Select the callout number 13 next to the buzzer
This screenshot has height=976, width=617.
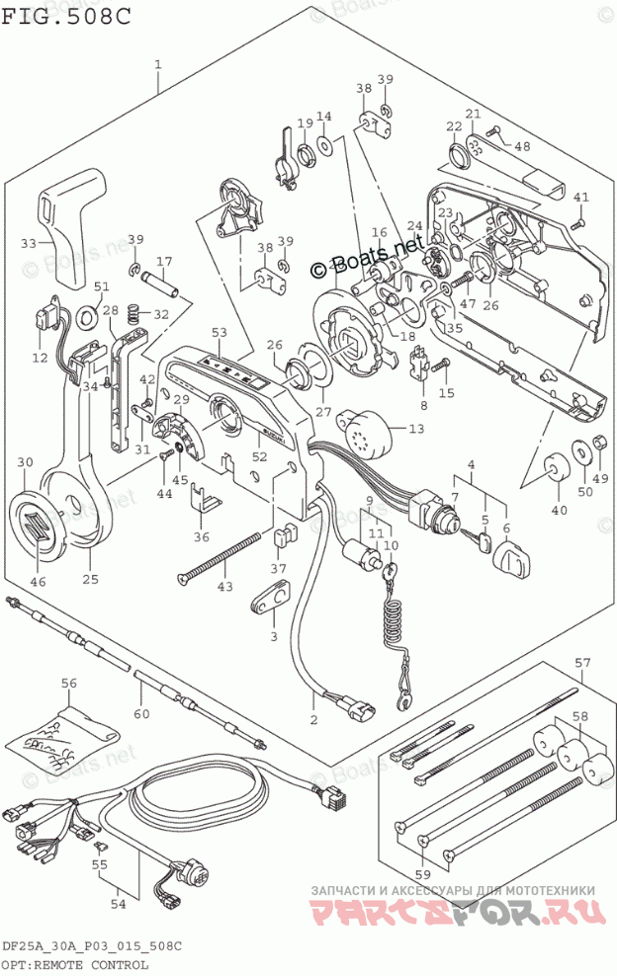415,428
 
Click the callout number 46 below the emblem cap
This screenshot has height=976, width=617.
38,582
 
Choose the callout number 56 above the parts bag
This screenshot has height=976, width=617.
68,683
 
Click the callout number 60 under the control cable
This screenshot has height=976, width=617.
142,713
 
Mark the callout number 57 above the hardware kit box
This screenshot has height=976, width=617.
582,661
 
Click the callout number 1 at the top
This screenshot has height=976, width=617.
158,64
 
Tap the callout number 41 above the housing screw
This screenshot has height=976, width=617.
580,196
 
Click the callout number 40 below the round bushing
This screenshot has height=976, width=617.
560,510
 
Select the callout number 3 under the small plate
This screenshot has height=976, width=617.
273,636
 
